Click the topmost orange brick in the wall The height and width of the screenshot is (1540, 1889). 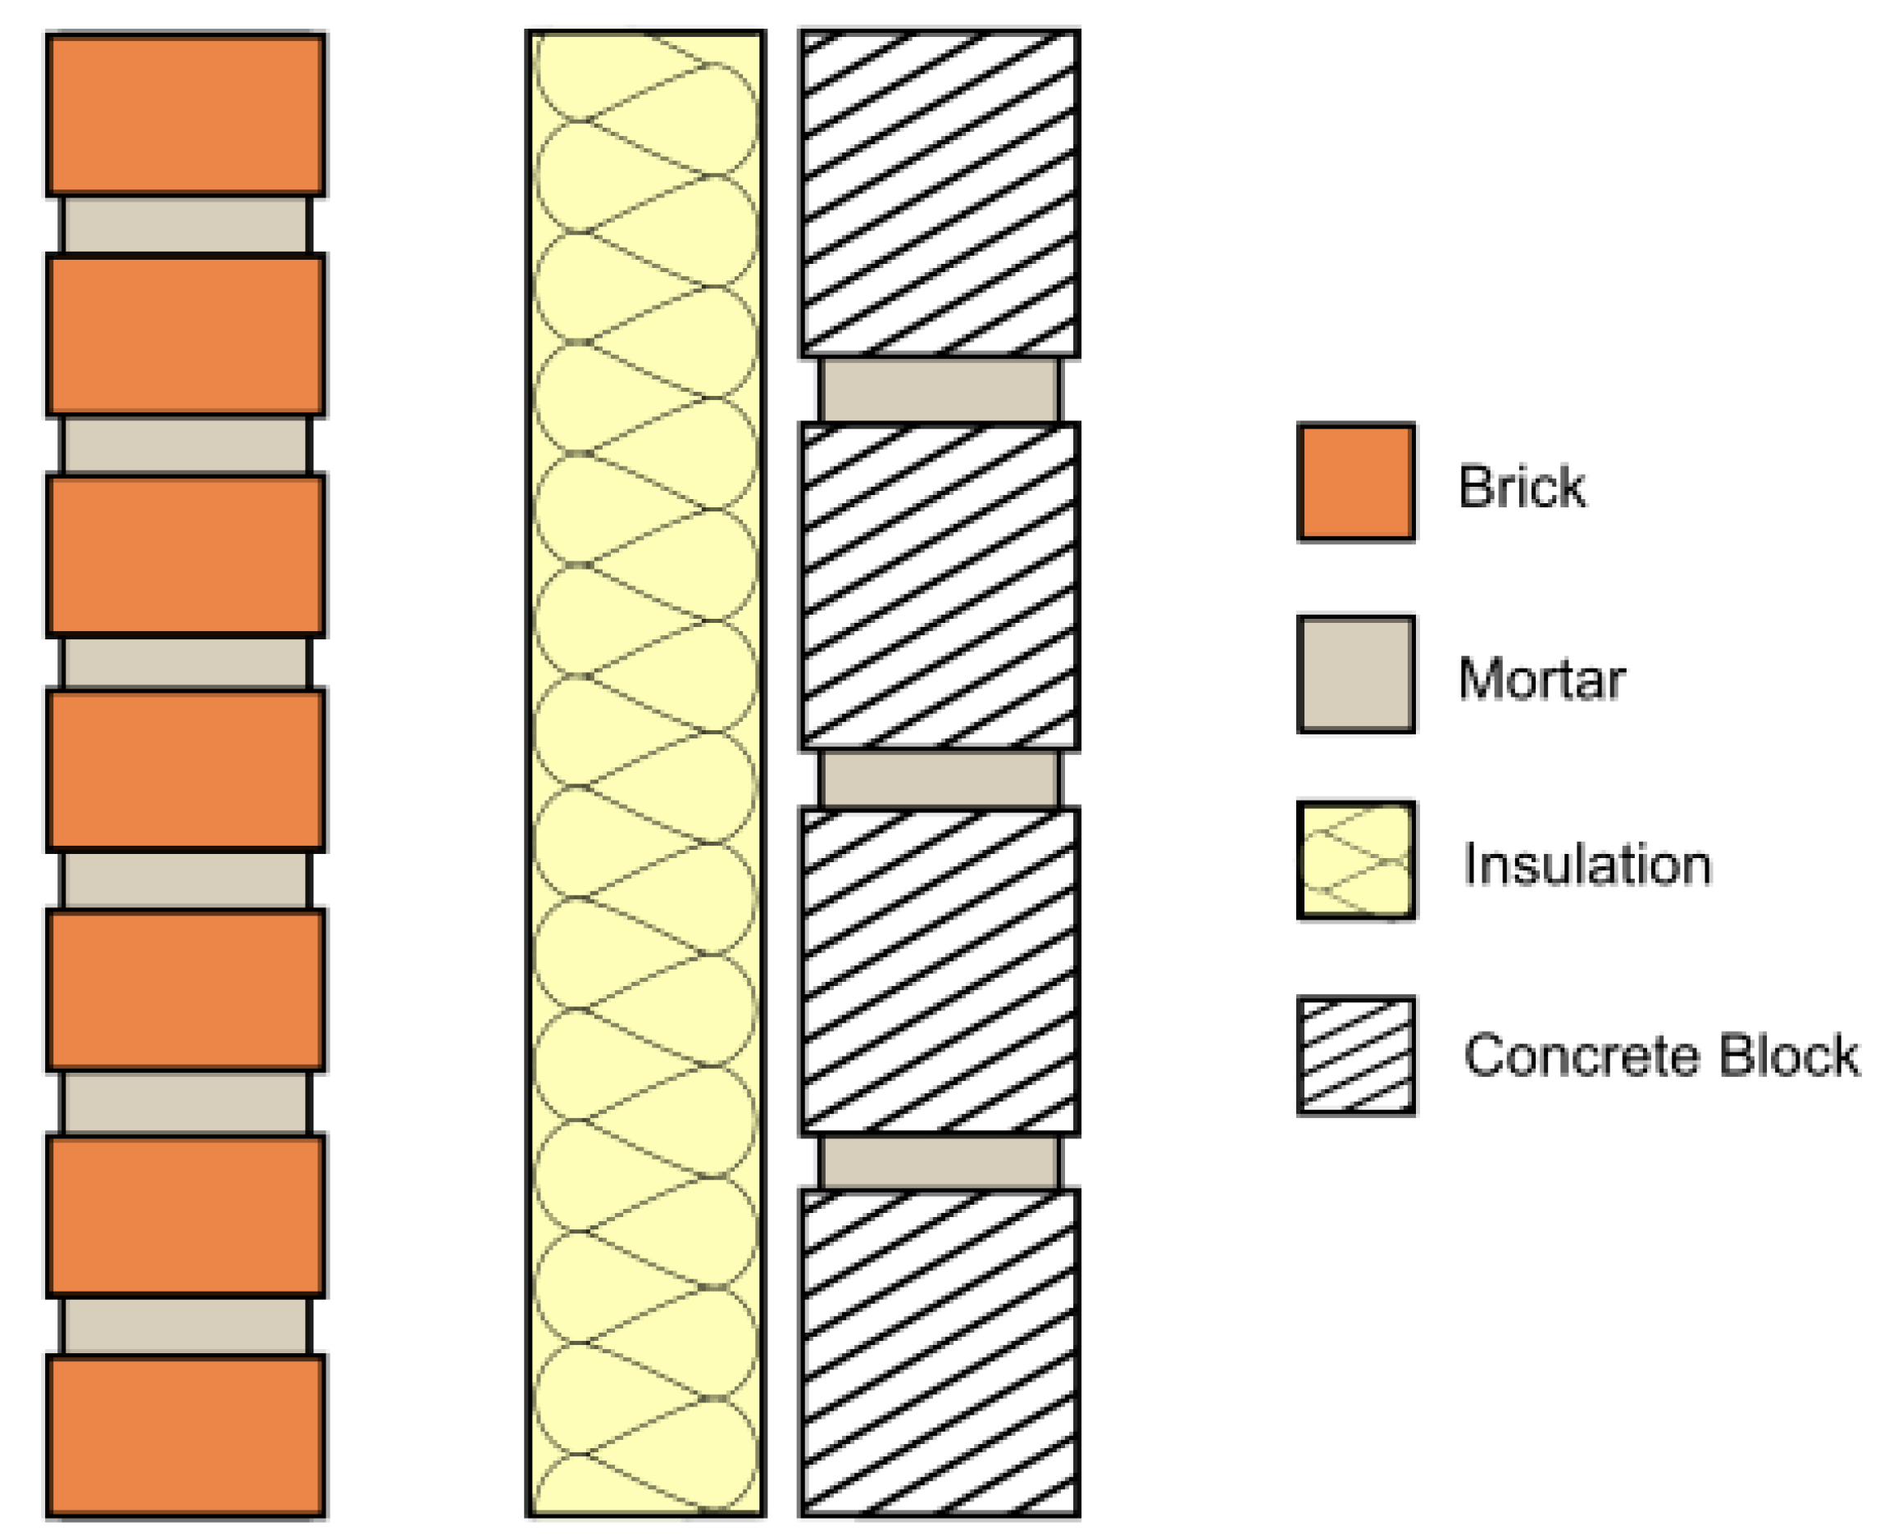tap(185, 115)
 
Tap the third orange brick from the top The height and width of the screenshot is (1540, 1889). tap(185, 556)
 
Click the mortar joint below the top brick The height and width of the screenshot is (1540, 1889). tap(185, 225)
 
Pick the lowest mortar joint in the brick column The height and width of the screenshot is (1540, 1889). tap(185, 1325)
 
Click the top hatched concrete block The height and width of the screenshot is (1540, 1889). tap(940, 193)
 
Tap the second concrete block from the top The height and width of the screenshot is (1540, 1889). tap(940, 585)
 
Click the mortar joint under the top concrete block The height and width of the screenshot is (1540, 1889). tap(940, 389)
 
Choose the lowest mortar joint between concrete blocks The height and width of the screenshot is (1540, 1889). tap(940, 1162)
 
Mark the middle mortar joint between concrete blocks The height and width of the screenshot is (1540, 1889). tap(940, 778)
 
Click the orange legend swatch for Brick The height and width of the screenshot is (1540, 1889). tap(1355, 482)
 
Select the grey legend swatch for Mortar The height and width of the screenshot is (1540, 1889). tap(1355, 675)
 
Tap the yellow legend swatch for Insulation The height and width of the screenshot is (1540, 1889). tap(1355, 861)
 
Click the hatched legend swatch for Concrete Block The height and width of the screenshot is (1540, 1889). tap(1355, 1055)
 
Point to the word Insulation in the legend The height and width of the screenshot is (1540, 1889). tap(1586, 864)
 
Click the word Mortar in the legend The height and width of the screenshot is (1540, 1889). tap(1541, 679)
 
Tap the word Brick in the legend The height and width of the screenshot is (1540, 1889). tap(1522, 486)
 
